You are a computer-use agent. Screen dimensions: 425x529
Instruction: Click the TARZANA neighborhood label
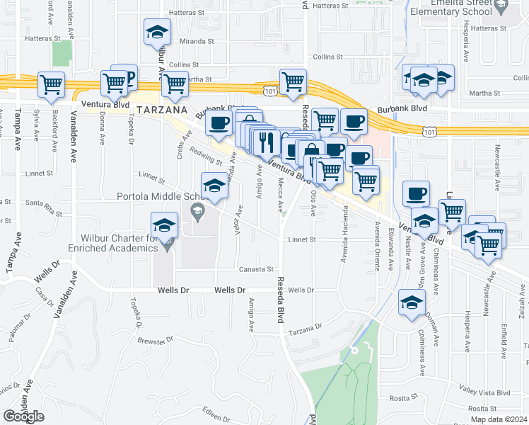161,110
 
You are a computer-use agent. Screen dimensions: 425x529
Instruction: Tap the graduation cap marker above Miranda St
157,32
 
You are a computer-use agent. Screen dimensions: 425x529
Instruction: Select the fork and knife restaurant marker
267,141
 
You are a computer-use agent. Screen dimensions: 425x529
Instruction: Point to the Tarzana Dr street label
306,328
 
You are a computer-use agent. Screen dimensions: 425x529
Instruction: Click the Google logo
23,416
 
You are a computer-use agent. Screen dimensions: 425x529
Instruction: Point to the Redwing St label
209,159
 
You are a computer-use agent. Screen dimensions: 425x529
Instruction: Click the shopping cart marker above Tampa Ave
52,85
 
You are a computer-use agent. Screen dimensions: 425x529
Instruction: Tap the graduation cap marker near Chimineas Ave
412,302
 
